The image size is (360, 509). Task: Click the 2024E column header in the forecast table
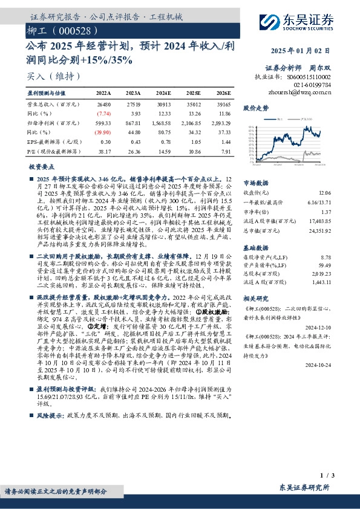[163, 94]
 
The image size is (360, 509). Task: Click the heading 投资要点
[41, 165]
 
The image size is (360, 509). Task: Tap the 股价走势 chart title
[255, 108]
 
